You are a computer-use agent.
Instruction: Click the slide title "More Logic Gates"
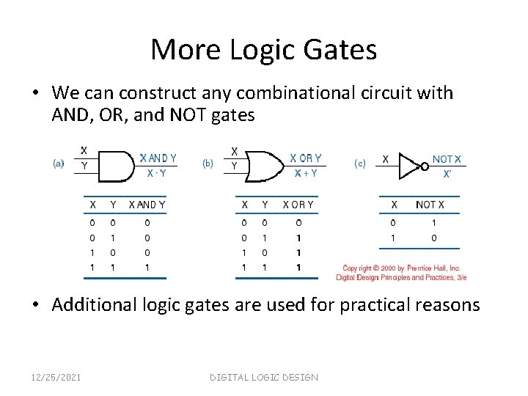[x=264, y=50]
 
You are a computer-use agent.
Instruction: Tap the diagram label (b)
[x=208, y=164]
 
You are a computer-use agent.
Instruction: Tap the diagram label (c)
[x=360, y=164]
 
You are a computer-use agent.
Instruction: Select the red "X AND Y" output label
[x=158, y=158]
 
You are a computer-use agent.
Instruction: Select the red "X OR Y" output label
[x=306, y=158]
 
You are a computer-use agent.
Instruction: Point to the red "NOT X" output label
[x=447, y=159]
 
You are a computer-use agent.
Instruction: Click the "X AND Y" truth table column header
[x=147, y=205]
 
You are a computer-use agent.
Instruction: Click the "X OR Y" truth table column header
[x=298, y=205]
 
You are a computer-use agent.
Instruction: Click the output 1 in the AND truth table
[x=147, y=268]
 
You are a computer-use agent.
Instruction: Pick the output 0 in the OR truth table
[x=298, y=222]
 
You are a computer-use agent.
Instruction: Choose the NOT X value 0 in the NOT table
[x=435, y=238]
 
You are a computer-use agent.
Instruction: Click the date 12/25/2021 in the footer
[x=57, y=377]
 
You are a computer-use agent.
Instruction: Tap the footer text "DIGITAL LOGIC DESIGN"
[x=264, y=377]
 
